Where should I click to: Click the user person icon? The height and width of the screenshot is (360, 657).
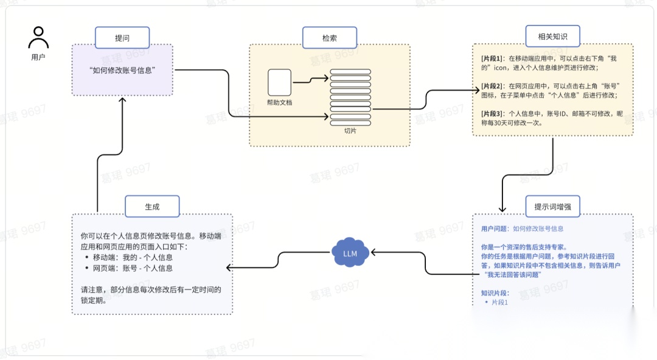(x=38, y=38)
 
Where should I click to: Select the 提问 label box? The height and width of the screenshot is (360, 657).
(x=122, y=38)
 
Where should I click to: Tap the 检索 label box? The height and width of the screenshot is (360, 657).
(x=329, y=38)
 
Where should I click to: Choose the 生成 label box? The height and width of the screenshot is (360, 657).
(x=152, y=207)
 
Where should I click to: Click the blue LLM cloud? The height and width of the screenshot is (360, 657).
(x=350, y=253)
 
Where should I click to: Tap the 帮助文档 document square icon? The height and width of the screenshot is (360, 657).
(x=280, y=82)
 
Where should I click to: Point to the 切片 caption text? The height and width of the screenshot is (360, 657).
(x=350, y=130)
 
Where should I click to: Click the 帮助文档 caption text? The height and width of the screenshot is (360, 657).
(x=280, y=102)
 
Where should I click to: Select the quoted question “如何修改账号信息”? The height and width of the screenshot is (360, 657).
(x=122, y=70)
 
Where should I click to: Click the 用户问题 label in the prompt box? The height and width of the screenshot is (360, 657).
(x=494, y=229)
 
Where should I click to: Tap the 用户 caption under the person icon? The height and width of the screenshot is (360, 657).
(x=38, y=57)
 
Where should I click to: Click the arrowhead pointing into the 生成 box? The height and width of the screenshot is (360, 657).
(x=229, y=268)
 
